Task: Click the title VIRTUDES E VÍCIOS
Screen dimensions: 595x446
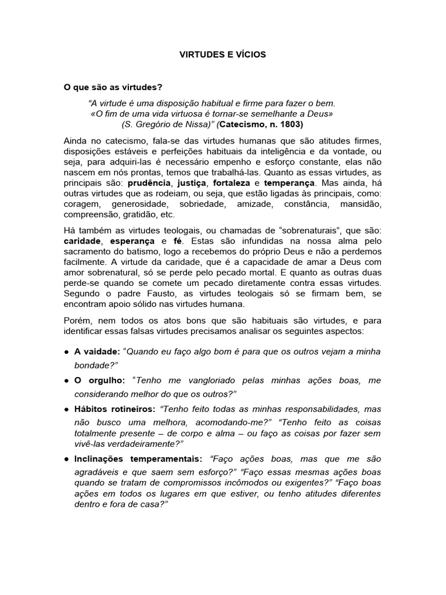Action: tap(222, 55)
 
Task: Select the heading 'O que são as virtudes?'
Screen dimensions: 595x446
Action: tap(113, 88)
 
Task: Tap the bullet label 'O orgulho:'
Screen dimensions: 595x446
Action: tap(100, 380)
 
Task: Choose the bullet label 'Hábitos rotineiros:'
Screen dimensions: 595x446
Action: tap(114, 408)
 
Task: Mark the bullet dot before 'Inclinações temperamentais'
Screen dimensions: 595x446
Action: tap(66, 458)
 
